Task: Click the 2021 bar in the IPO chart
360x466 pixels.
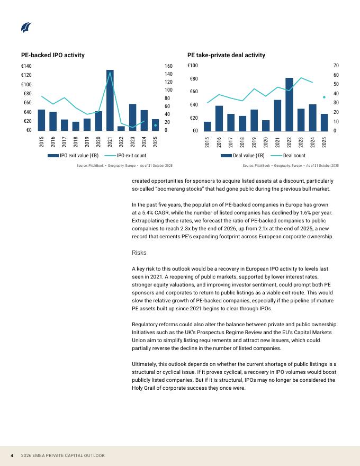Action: [110, 101]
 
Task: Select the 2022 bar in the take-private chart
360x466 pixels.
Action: [289, 104]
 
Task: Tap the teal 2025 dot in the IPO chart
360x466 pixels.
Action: [155, 126]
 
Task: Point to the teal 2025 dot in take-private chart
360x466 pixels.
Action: [324, 97]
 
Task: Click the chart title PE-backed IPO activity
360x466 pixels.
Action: [53, 55]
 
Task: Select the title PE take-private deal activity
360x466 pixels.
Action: [226, 55]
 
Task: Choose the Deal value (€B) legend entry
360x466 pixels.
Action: [242, 156]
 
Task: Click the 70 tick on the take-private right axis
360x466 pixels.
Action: [336, 66]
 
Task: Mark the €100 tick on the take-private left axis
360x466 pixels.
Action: [193, 66]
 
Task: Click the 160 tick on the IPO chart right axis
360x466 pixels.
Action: [169, 66]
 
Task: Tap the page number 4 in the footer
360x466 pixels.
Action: [12, 455]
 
